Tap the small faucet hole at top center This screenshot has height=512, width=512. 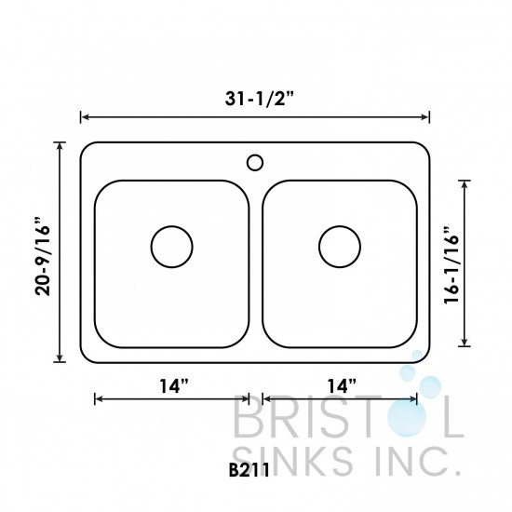click(x=255, y=163)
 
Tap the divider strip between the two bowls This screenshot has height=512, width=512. click(x=256, y=270)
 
